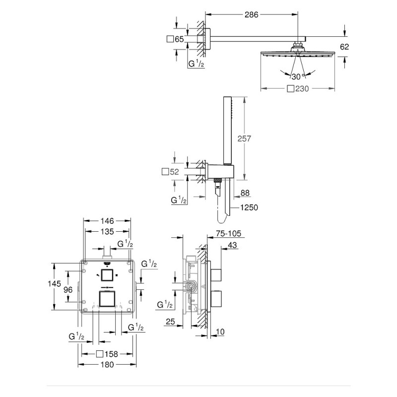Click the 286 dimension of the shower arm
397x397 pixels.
(x=251, y=15)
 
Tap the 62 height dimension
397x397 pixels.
(x=344, y=47)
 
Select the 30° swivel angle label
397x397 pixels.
(x=298, y=76)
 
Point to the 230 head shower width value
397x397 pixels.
(x=302, y=89)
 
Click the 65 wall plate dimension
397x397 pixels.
(x=179, y=39)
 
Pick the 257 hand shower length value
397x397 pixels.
(x=244, y=138)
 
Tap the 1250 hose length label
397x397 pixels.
(x=249, y=207)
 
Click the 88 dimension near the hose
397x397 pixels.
(x=245, y=193)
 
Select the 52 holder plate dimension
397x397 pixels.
(x=174, y=172)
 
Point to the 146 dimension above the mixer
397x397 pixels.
(x=107, y=221)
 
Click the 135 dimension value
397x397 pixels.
(x=107, y=231)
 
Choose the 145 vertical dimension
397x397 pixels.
(x=54, y=283)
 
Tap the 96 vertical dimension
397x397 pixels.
(x=68, y=290)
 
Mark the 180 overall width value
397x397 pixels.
(x=107, y=365)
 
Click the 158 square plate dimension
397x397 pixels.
(x=111, y=354)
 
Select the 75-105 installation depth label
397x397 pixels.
(x=229, y=233)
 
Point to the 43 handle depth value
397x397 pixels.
(x=232, y=245)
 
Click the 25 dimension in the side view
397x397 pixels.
(x=170, y=322)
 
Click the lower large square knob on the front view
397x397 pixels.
(x=107, y=299)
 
